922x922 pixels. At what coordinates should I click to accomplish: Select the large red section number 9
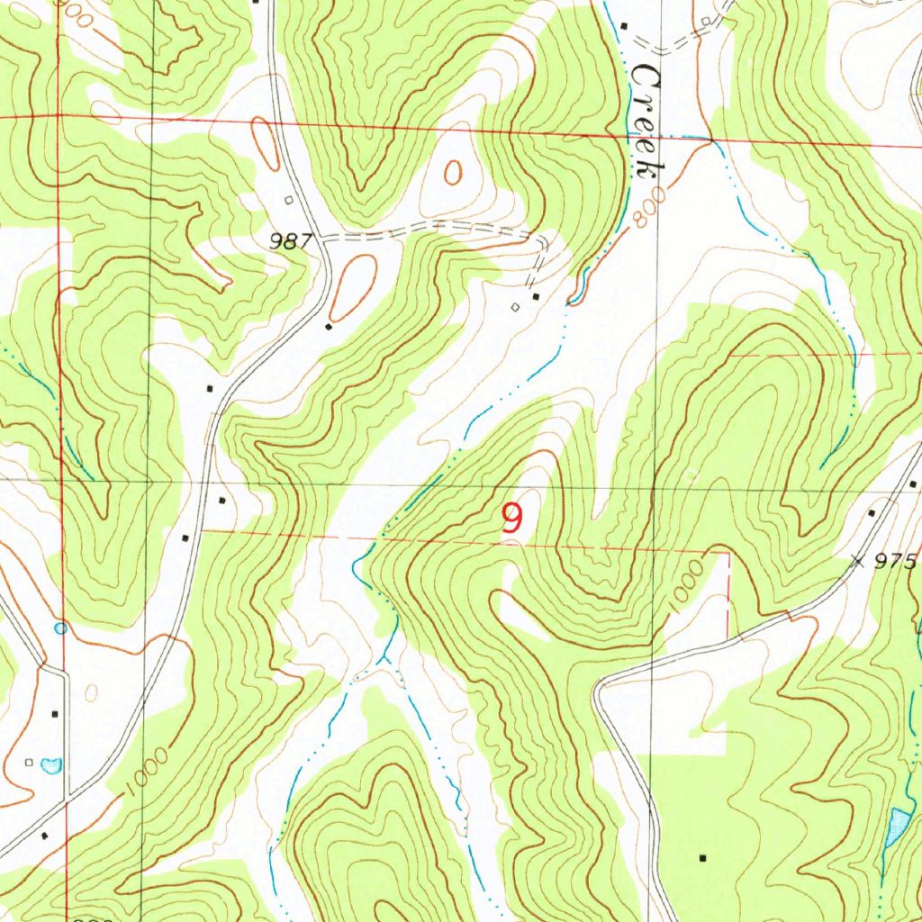[511, 518]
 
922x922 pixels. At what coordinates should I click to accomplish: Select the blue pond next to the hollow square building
[51, 765]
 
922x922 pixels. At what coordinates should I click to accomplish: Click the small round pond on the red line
[60, 628]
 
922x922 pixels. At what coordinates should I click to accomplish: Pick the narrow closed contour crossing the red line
[266, 142]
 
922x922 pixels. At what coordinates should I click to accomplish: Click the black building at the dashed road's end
[537, 296]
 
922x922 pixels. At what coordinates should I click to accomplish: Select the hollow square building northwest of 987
[289, 200]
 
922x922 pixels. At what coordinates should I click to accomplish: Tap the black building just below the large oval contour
[329, 327]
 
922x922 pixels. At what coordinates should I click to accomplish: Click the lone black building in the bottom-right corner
[703, 856]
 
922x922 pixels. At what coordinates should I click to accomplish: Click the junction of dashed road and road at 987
[321, 240]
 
